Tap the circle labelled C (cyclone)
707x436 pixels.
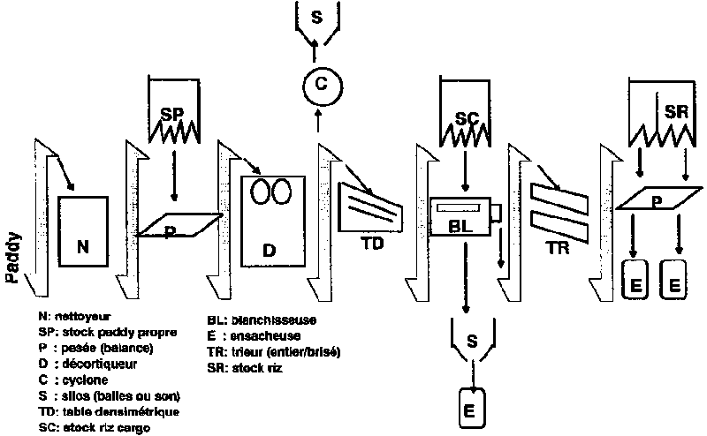pyautogui.click(x=322, y=86)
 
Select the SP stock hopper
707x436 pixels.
pyautogui.click(x=173, y=113)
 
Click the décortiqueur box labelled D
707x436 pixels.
pyautogui.click(x=272, y=221)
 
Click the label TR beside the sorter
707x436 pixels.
pyautogui.click(x=557, y=250)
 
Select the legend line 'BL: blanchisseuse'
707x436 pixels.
pyautogui.click(x=261, y=319)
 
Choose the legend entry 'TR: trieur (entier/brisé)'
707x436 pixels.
pyautogui.click(x=273, y=351)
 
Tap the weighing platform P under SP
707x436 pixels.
pyautogui.click(x=181, y=226)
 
